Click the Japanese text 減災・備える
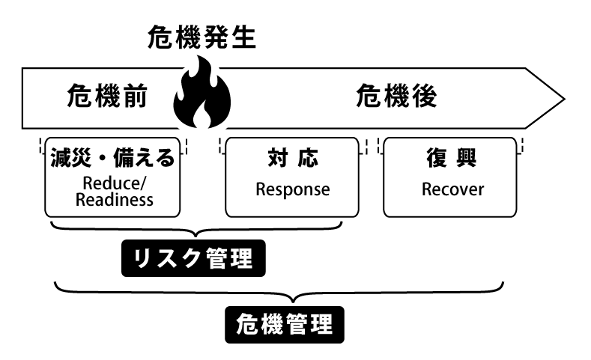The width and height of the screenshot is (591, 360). [112, 158]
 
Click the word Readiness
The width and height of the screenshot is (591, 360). [112, 200]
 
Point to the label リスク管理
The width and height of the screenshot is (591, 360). [193, 259]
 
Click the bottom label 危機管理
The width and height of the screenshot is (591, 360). [285, 324]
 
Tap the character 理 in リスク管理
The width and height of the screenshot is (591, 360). [241, 259]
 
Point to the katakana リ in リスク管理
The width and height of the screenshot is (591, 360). [142, 259]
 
